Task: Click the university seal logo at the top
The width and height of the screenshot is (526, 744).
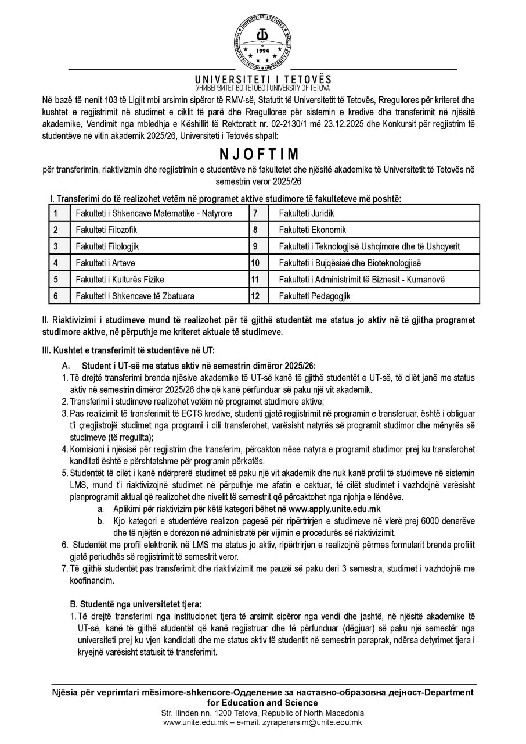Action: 263,40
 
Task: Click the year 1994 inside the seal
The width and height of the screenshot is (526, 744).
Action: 263,51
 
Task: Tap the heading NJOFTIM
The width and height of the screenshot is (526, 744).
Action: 263,155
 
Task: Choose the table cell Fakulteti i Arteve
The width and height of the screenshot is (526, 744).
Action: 105,263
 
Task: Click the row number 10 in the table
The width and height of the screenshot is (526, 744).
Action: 254,263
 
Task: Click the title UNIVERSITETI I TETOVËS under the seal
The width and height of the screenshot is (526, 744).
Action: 263,79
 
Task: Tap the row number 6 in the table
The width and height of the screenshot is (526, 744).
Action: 55,296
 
